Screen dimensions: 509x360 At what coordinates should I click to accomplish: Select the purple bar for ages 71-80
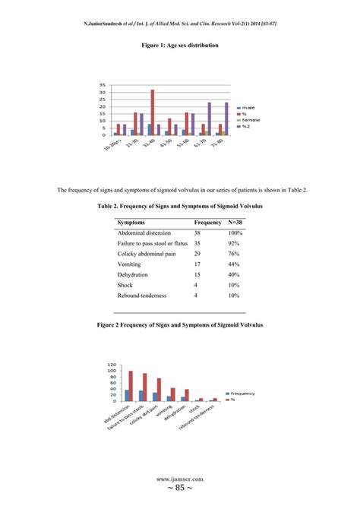click(226, 119)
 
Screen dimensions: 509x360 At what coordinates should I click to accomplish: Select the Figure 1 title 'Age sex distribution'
click(180, 46)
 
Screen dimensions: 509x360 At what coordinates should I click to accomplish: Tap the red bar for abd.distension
click(131, 386)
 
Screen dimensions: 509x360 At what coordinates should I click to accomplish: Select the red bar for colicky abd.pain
click(159, 390)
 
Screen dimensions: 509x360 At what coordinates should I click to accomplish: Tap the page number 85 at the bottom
click(180, 490)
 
